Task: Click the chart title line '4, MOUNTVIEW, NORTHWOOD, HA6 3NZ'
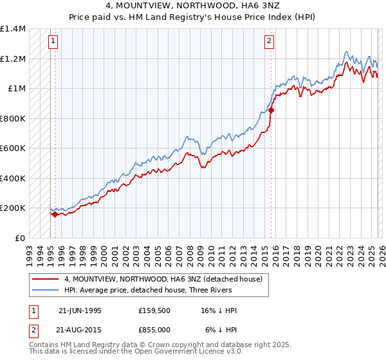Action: pos(193,6)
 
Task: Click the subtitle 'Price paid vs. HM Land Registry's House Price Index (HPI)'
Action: pos(193,16)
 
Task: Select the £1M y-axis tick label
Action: pos(17,89)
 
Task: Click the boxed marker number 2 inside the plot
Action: pos(268,42)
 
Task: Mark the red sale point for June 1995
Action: pos(55,215)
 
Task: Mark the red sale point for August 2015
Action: pos(271,111)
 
